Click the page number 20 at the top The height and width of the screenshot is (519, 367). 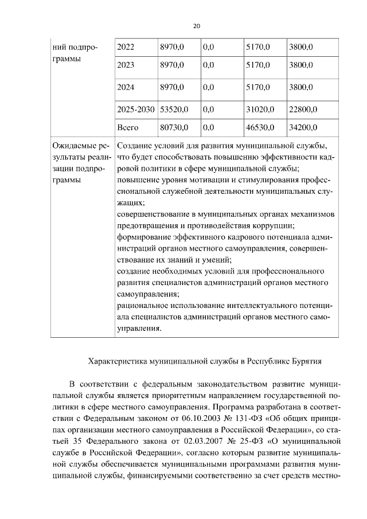click(197, 26)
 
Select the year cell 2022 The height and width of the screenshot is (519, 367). click(126, 46)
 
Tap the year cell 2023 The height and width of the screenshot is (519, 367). click(126, 65)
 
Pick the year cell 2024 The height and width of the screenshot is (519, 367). click(126, 87)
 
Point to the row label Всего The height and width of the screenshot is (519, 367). click(127, 127)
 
